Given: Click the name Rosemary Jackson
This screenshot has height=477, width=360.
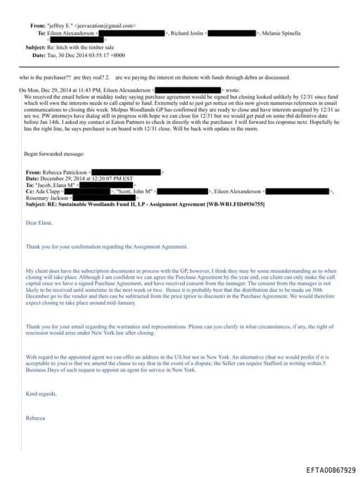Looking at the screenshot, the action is [44, 197].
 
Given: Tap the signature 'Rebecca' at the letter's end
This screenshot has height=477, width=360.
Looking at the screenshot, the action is [35, 418].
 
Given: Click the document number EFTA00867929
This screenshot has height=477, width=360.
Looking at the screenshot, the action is [330, 469].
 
